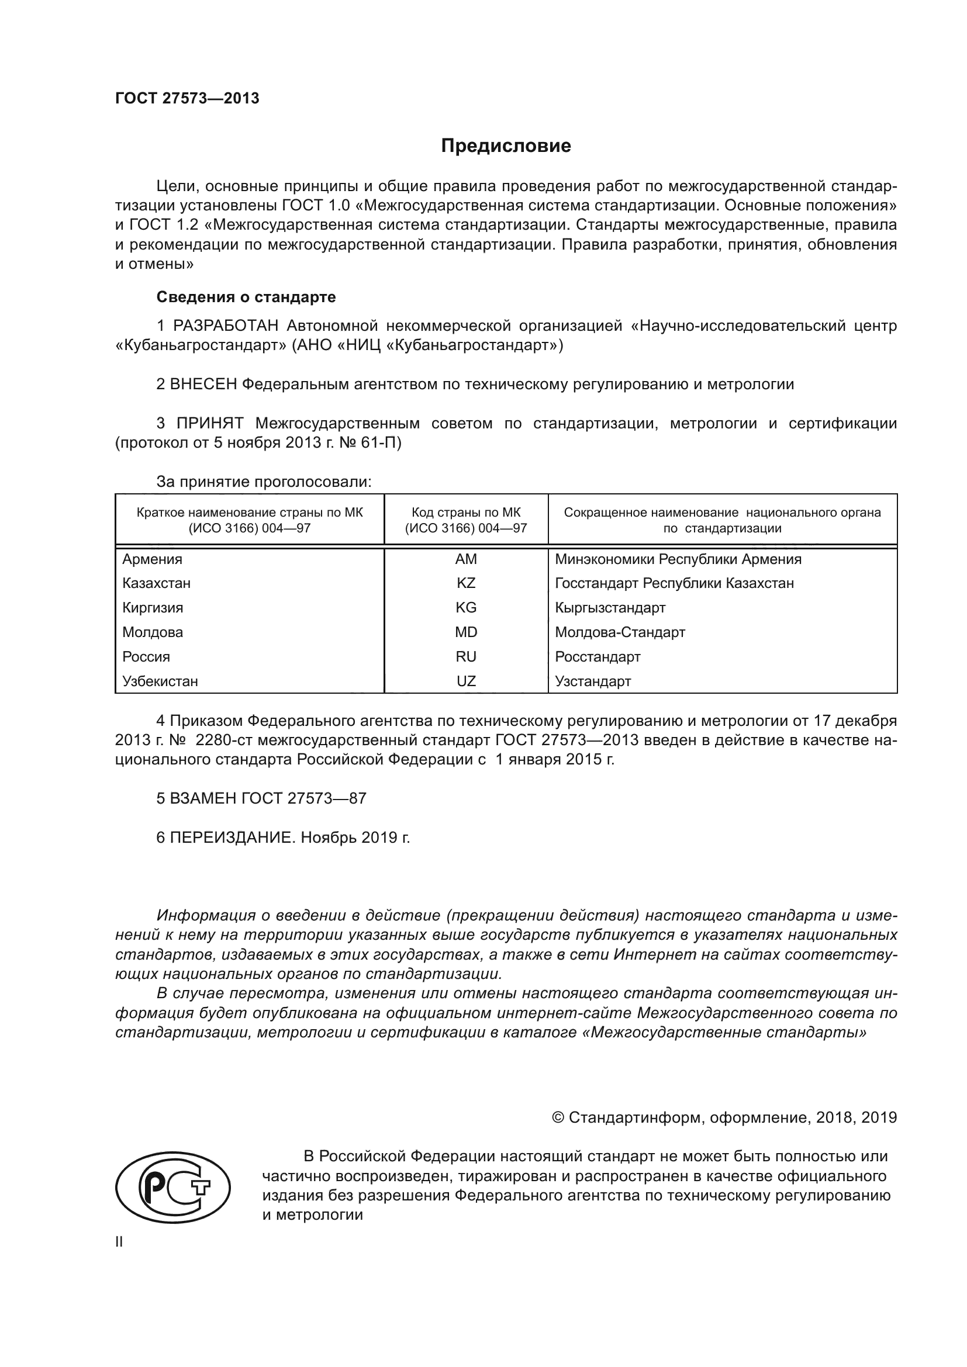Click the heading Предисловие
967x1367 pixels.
tap(506, 146)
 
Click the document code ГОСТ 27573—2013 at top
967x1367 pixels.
tap(187, 99)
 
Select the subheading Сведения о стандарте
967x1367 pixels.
tap(246, 296)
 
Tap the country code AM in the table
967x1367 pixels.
tap(465, 559)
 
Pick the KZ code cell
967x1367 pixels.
tap(465, 583)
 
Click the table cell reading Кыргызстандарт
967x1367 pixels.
tap(610, 608)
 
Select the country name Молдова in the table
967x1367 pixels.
tap(153, 632)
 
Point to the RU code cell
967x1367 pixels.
tap(465, 657)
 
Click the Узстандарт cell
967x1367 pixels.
tap(592, 681)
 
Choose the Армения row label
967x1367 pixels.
tap(153, 559)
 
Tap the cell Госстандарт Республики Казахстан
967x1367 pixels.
tap(674, 583)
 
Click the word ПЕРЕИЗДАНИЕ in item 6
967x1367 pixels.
tap(232, 837)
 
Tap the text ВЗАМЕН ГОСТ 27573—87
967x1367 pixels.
tap(268, 798)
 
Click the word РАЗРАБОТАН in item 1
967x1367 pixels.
tap(226, 326)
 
